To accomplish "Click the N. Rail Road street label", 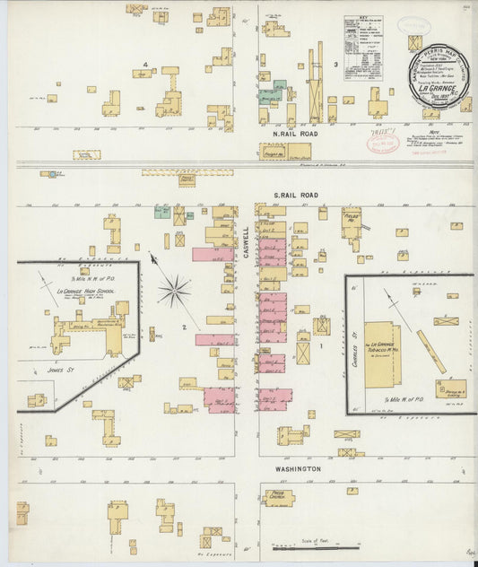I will click(x=289, y=133).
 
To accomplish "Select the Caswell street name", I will click(x=246, y=240).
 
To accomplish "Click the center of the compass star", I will click(x=174, y=291).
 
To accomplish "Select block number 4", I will click(x=144, y=65).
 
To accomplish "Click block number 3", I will click(x=335, y=65).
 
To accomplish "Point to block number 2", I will click(x=183, y=327).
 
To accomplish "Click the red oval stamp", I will click(x=383, y=140).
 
